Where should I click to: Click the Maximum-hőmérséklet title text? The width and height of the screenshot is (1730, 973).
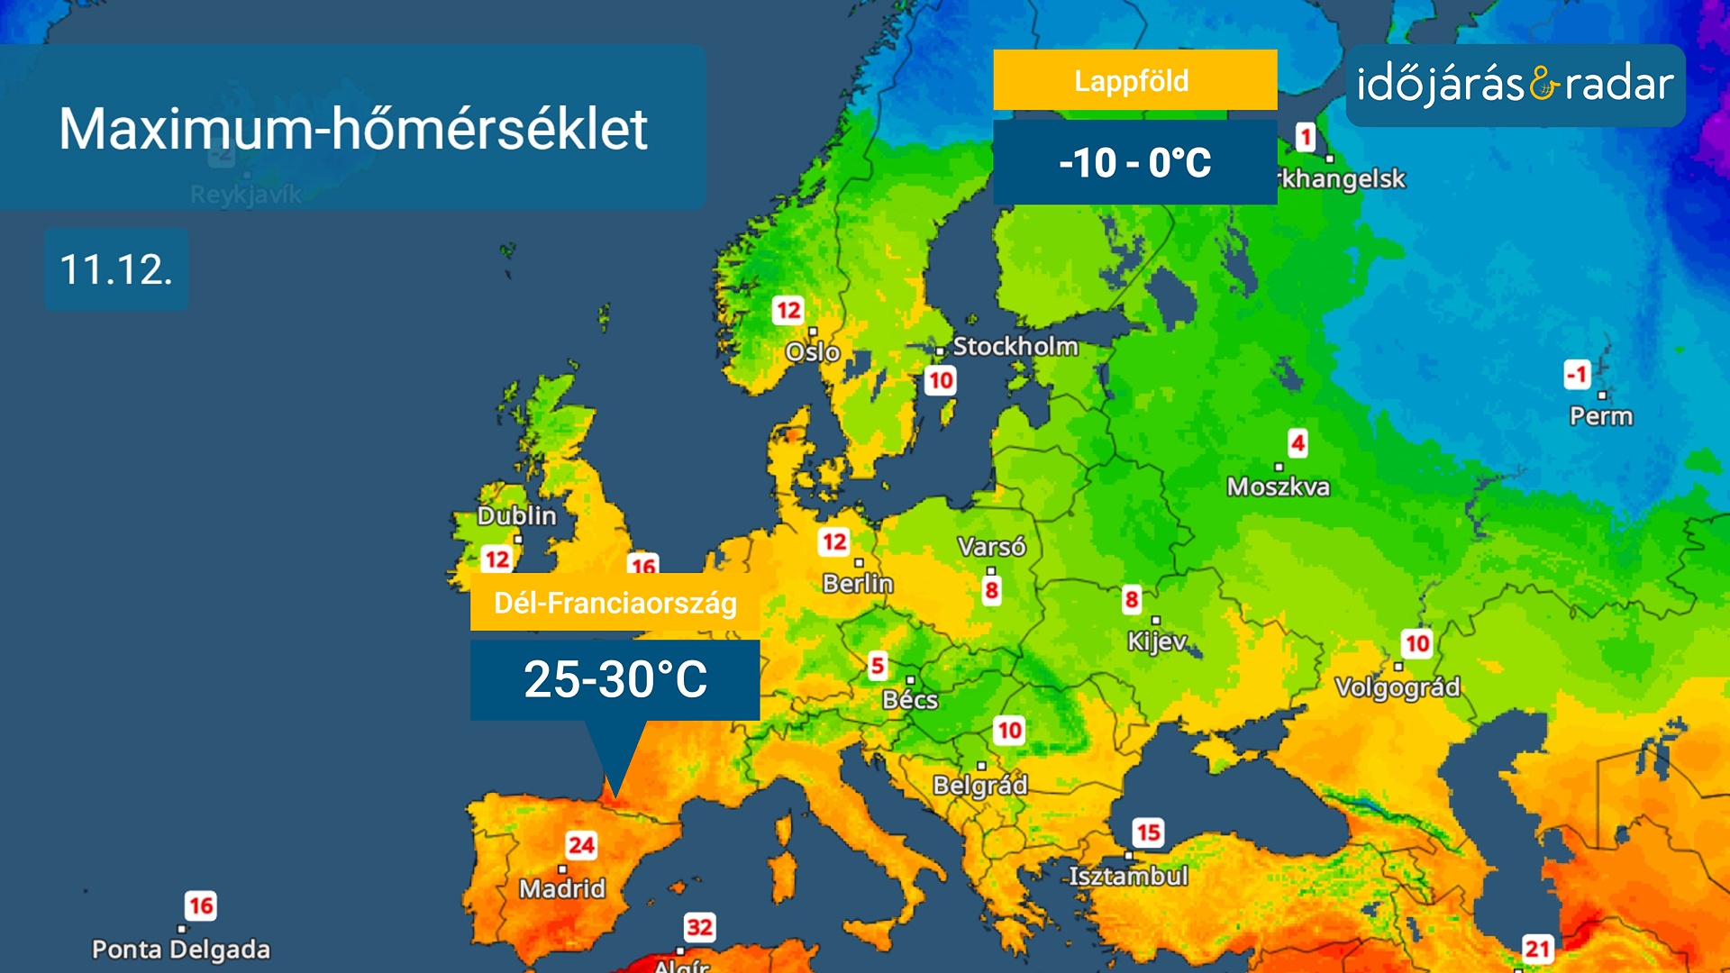click(353, 129)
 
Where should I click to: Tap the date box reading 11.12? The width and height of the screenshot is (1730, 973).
click(116, 269)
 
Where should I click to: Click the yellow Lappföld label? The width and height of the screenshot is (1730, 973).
click(1134, 81)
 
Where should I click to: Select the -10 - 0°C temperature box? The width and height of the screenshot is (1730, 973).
click(1134, 163)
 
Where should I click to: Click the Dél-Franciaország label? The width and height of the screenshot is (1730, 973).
click(615, 603)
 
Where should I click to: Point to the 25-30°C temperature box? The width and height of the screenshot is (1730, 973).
click(615, 679)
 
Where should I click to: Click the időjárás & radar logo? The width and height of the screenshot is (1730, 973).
click(1515, 86)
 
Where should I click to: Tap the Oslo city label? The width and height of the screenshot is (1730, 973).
click(813, 351)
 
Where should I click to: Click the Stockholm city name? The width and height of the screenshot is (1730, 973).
click(1015, 346)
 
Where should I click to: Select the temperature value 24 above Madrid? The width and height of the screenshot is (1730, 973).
click(581, 845)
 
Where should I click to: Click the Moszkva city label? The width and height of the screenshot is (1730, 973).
click(1278, 486)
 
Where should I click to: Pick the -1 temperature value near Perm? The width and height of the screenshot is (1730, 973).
click(1578, 374)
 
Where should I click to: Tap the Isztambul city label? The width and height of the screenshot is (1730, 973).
click(1128, 876)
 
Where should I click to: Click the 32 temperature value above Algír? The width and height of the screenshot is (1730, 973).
click(699, 927)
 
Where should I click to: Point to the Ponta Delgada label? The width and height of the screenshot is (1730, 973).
click(181, 950)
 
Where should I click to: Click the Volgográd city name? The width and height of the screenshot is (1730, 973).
click(1397, 687)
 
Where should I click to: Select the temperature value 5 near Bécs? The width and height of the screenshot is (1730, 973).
click(878, 666)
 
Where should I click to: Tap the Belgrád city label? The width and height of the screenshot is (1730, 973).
click(980, 785)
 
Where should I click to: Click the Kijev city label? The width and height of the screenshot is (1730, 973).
click(1157, 641)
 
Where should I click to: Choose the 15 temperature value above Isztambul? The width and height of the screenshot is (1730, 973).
click(1148, 832)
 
